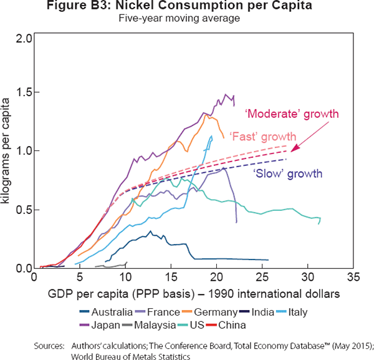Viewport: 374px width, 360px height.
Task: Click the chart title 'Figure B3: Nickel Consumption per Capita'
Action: click(x=186, y=7)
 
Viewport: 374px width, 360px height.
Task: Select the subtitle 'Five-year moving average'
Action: click(x=186, y=19)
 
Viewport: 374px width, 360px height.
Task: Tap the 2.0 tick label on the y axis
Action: click(x=24, y=39)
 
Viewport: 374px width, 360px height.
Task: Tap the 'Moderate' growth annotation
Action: click(x=300, y=114)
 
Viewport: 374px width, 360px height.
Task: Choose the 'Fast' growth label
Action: click(x=264, y=136)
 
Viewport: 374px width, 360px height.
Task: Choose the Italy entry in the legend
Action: click(x=309, y=311)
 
